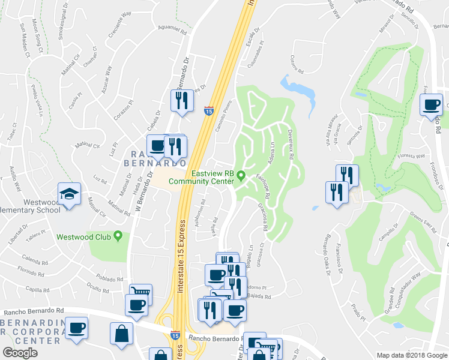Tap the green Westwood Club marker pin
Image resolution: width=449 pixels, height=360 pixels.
[118, 236]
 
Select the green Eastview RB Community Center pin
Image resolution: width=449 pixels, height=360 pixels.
[241, 176]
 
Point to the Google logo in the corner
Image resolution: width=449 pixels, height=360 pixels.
[20, 353]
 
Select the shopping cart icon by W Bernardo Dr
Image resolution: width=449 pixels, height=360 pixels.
[141, 293]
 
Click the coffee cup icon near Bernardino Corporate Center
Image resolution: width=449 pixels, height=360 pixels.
[77, 329]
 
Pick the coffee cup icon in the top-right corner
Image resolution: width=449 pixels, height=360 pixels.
[430, 106]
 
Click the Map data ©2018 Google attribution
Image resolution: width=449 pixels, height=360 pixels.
[412, 355]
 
